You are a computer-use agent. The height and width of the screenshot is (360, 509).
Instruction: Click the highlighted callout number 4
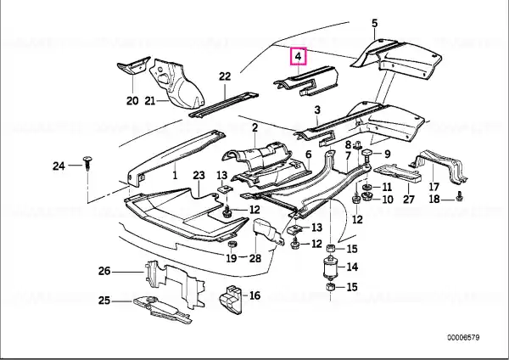[x=299, y=56]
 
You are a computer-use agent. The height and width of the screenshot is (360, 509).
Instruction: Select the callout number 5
[x=375, y=24]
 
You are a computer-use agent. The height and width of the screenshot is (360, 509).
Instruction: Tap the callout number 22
[x=225, y=76]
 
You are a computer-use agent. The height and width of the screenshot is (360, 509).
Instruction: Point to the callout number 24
[x=59, y=166]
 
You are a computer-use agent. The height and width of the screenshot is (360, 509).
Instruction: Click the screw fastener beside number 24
[x=87, y=163]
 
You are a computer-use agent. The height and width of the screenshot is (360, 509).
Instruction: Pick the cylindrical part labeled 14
[x=331, y=267]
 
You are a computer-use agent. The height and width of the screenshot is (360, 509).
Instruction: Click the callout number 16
[x=255, y=295]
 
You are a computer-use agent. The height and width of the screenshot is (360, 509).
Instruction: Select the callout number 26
[x=104, y=271]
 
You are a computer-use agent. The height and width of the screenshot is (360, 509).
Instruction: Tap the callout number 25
[x=104, y=301]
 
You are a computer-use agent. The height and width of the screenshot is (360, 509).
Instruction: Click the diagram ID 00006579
[x=463, y=338]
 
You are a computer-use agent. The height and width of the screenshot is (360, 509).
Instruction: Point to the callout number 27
[x=409, y=199]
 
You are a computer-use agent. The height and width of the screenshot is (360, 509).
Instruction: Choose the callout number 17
[x=433, y=187]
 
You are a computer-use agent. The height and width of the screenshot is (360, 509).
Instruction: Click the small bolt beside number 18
[x=459, y=196]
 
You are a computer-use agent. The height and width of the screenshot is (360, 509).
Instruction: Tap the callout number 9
[x=387, y=154]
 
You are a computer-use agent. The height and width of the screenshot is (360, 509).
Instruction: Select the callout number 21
[x=150, y=101]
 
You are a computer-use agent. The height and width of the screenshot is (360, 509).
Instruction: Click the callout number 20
[x=132, y=101]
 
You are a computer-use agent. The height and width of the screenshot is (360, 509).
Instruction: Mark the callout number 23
[x=199, y=175]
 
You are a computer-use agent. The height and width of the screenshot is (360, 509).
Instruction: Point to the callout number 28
[x=255, y=258]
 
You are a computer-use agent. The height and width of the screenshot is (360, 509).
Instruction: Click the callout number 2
[x=255, y=127]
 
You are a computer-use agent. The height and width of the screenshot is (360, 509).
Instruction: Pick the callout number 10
[x=388, y=200]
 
